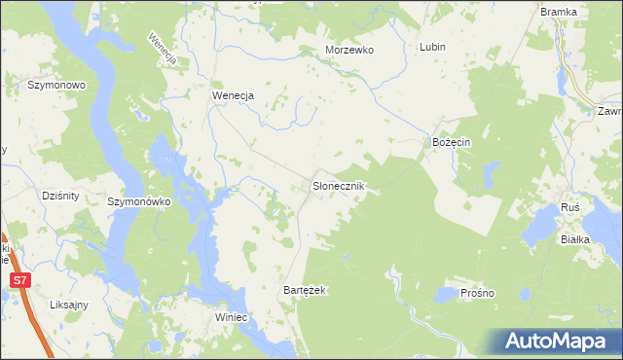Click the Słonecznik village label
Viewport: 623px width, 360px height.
(338, 185)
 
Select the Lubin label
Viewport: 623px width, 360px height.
(432, 47)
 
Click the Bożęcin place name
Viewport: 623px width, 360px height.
(452, 142)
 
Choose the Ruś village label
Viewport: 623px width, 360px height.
(571, 209)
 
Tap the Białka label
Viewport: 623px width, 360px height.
(577, 238)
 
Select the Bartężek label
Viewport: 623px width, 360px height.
(304, 291)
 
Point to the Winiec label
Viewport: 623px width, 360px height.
(234, 317)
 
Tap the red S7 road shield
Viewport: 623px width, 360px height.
(19, 280)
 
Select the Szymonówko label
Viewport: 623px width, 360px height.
(139, 201)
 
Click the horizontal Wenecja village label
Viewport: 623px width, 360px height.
(233, 95)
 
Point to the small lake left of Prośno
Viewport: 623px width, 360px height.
(445, 293)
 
